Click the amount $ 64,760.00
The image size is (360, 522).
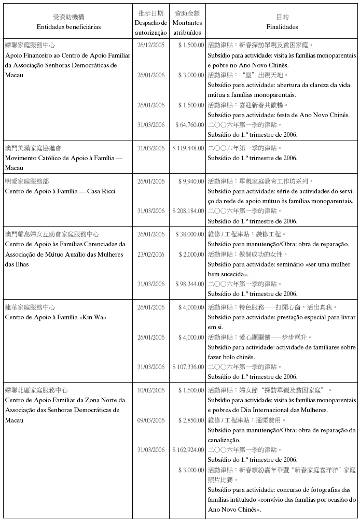coord(189,125)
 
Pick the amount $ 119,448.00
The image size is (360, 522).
coord(188,148)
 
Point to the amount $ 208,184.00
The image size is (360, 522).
coord(188,211)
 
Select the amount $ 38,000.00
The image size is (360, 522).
coord(190,234)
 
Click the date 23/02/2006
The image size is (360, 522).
coord(151,255)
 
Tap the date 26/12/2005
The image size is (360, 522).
coord(151,45)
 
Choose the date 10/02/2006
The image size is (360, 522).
coord(151,390)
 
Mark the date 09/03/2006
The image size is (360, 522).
coord(151,420)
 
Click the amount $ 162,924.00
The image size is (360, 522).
coord(188,450)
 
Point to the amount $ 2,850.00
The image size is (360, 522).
coord(191,420)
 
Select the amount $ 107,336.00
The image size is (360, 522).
coord(188,367)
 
